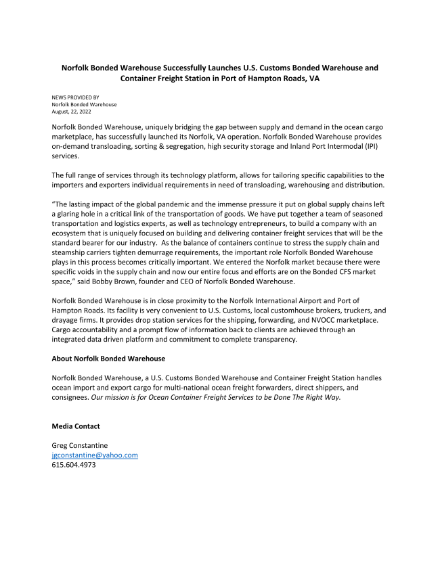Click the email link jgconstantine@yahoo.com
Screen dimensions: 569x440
95,455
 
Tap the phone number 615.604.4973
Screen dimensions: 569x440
74,465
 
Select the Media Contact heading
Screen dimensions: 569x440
76,426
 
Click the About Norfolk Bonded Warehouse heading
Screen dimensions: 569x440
108,358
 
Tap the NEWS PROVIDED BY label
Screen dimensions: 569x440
75,98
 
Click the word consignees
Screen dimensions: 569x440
70,397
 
